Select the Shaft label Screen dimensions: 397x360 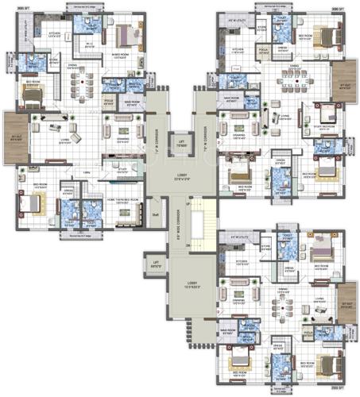(155, 213)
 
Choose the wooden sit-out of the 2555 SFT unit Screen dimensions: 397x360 (346, 301)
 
